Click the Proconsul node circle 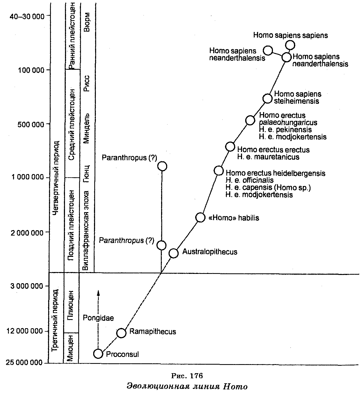point(98,354)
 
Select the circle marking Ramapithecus point(121,333)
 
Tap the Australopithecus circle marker point(174,253)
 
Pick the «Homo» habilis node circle point(201,217)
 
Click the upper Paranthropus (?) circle point(162,166)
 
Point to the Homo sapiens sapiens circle point(290,45)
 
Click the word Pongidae point(98,318)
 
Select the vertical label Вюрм point(87,22)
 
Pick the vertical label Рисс point(87,83)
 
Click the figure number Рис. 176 point(187,376)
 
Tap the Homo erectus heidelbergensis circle point(219,171)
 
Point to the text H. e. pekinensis point(285,130)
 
